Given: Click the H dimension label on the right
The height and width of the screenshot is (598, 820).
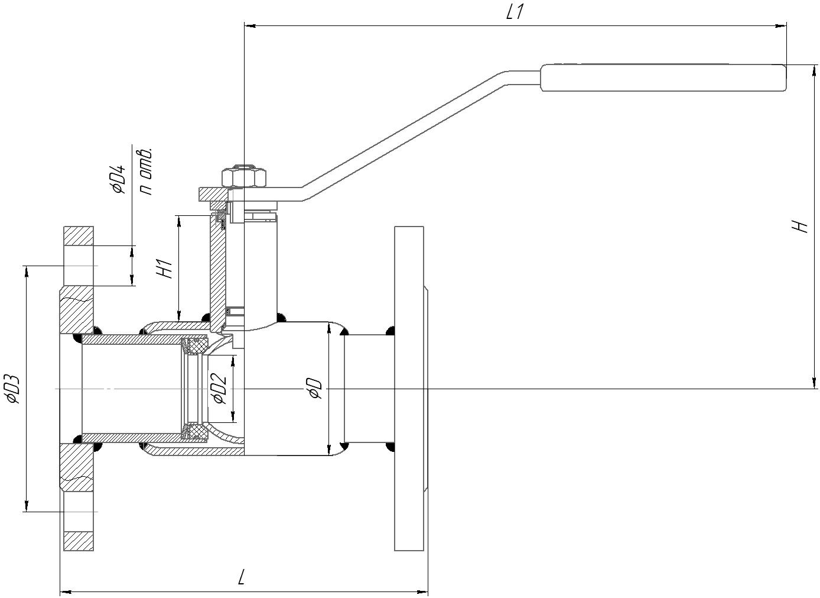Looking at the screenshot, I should pos(800,226).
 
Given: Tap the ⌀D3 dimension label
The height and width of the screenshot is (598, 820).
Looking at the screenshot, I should pos(13,389).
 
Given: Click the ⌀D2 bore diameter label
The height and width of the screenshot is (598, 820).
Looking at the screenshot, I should pos(219,389).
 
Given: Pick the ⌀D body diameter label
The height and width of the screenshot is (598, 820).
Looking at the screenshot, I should pos(315,389).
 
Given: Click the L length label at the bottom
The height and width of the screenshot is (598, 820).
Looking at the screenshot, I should pos(241,577).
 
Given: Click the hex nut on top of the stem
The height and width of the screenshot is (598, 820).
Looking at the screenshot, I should pos(243,177).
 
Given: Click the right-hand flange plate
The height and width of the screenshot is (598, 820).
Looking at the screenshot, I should pos(409,388).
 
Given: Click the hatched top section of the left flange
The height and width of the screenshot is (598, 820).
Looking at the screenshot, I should pos(79,235).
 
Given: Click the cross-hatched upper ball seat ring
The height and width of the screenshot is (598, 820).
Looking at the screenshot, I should pos(195,346).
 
